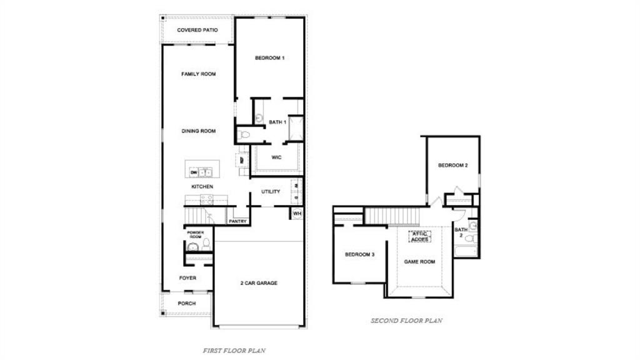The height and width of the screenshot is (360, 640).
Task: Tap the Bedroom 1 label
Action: point(269,58)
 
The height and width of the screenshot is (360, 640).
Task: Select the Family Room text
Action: point(198,74)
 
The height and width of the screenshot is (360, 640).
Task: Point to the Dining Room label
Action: point(198,131)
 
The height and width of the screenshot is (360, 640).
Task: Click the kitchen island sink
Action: point(206,172)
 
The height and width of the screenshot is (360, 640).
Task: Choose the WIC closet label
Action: point(276,157)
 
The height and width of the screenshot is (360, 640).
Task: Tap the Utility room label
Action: point(271,192)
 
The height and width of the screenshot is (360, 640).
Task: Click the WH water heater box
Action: point(297,213)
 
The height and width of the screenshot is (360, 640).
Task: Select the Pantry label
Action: point(237,221)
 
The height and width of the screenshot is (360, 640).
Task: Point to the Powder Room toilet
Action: point(206,244)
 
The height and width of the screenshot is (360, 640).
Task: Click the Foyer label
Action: point(187,278)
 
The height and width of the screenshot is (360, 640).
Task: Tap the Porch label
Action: point(186,304)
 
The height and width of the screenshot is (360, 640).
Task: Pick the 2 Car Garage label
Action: point(259,283)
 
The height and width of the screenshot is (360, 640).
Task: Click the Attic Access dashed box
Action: point(419,236)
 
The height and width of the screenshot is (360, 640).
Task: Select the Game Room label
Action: point(419,262)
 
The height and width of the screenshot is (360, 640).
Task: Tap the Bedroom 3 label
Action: point(359,254)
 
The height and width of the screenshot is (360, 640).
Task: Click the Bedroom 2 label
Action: point(452,166)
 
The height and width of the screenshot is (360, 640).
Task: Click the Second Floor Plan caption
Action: point(406,321)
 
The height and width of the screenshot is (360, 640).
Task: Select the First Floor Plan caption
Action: point(234,351)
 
